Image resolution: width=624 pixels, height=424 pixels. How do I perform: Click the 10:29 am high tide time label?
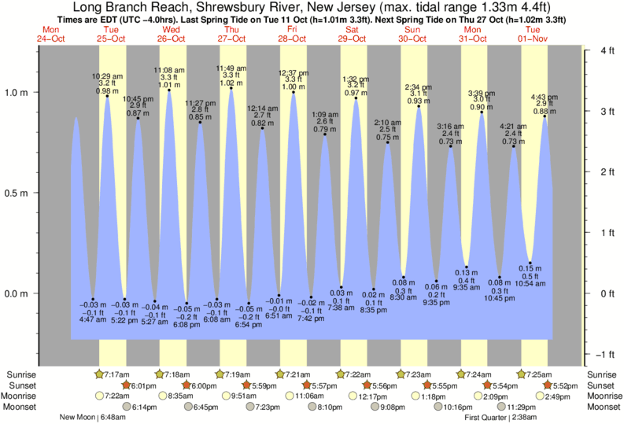(x=107, y=76)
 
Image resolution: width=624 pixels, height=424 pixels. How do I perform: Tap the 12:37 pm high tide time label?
(x=294, y=73)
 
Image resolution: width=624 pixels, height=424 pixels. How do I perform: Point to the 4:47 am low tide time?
(x=93, y=320)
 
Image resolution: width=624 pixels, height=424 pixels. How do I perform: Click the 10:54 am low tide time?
(x=530, y=283)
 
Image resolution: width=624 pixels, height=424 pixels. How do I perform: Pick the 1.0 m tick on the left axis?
(x=17, y=92)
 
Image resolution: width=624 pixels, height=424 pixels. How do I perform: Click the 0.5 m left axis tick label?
(x=17, y=193)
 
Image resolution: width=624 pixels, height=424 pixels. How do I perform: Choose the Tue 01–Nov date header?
(x=533, y=33)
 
